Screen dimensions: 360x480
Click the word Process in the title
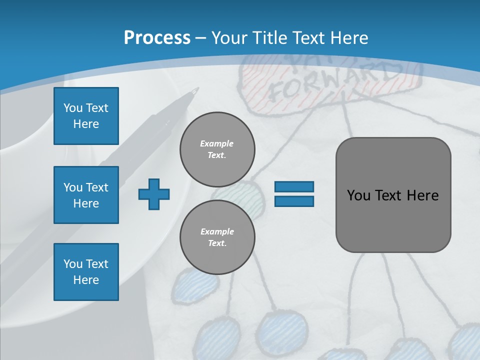tap(157, 37)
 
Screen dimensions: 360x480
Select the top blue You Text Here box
tap(86, 116)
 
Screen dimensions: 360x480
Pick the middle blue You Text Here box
tap(86, 195)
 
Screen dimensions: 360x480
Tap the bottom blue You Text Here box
tap(86, 272)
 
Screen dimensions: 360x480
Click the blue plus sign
tap(154, 194)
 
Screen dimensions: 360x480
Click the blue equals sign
tap(294, 194)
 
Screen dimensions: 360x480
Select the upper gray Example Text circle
tap(217, 149)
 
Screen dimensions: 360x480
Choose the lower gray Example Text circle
tap(217, 237)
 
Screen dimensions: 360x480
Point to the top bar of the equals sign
tap(294, 187)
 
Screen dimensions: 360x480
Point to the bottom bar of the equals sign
tap(294, 201)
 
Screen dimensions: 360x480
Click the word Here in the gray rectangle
tap(422, 195)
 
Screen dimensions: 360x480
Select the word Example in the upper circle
tap(217, 143)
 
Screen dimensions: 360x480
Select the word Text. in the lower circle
tap(217, 243)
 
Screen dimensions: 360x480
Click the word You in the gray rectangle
tap(358, 195)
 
